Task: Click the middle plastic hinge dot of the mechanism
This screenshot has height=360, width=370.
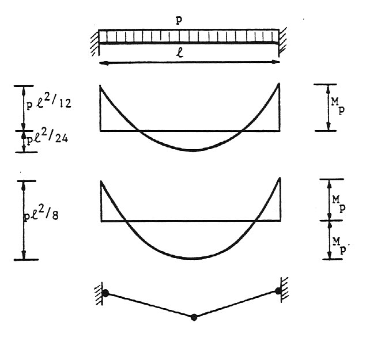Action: pos(194,316)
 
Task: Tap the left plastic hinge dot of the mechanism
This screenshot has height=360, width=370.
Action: pos(106,293)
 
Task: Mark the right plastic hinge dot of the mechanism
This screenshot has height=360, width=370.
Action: pos(279,291)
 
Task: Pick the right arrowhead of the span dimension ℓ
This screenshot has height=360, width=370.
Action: pos(277,60)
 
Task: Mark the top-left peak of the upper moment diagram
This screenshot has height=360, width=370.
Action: pos(101,86)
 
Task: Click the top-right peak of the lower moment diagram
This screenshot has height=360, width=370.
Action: pos(280,176)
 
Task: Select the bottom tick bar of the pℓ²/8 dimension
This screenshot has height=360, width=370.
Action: pos(24,260)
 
